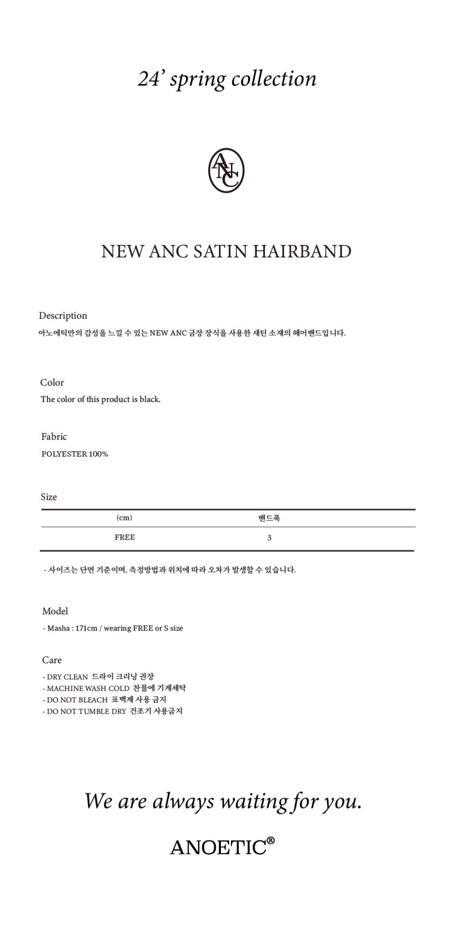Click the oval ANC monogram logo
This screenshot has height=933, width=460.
tap(226, 170)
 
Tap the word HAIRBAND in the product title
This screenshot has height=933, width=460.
tap(302, 252)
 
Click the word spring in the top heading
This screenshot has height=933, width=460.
tap(197, 80)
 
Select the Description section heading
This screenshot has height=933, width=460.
tap(63, 315)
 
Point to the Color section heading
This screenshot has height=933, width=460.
tap(52, 383)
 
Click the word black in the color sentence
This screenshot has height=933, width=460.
tap(149, 399)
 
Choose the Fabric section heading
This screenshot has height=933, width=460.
tap(54, 437)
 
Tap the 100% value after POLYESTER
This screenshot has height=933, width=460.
tap(98, 454)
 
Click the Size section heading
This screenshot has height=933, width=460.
tap(48, 497)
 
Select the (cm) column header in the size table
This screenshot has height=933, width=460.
tap(124, 518)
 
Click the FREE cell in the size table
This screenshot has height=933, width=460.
tap(125, 537)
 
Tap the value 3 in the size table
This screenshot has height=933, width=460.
tap(269, 538)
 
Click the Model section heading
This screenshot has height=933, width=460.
tap(55, 611)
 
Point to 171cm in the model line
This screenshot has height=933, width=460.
tap(86, 629)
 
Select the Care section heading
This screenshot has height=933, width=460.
tap(52, 660)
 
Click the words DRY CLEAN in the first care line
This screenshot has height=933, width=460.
tap(67, 677)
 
